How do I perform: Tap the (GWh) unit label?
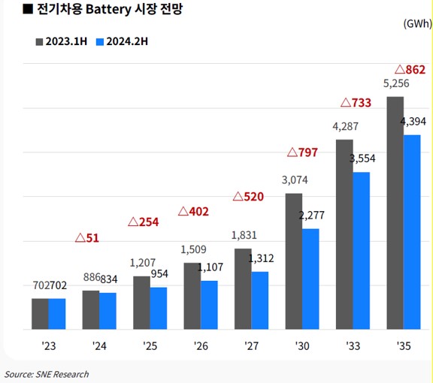pos(416,23)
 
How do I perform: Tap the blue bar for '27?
pos(260,300)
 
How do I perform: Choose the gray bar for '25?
pos(141,302)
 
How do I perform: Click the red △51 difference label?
pos(87,238)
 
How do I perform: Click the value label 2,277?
pos(310,216)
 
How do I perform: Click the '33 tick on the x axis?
pos(352,347)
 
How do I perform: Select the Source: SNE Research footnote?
pos(47,374)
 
